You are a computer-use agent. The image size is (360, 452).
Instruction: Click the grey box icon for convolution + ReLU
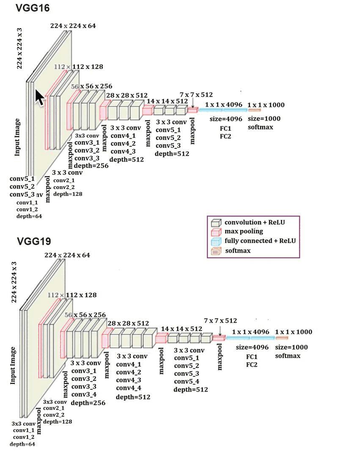tap(217, 223)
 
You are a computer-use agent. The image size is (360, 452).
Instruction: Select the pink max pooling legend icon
tap(217, 232)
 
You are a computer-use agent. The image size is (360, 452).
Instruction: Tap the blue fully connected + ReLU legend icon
tap(217, 241)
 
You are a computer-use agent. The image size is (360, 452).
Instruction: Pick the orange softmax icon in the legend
tap(217, 251)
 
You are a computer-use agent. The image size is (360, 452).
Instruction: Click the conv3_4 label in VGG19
tap(84, 394)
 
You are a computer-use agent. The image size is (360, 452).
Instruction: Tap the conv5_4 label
tap(187, 381)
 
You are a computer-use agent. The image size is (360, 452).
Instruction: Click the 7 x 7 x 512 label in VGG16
tap(196, 95)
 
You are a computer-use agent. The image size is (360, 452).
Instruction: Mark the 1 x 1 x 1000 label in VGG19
tap(294, 332)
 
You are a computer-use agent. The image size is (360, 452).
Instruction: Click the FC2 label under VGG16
tap(225, 136)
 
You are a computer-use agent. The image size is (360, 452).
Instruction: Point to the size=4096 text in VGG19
tap(252, 347)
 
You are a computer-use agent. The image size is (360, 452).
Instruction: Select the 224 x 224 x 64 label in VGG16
tap(73, 26)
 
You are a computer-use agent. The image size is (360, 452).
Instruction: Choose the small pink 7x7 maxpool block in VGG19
tap(219, 337)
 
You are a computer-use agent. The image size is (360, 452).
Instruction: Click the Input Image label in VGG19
tap(13, 365)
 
